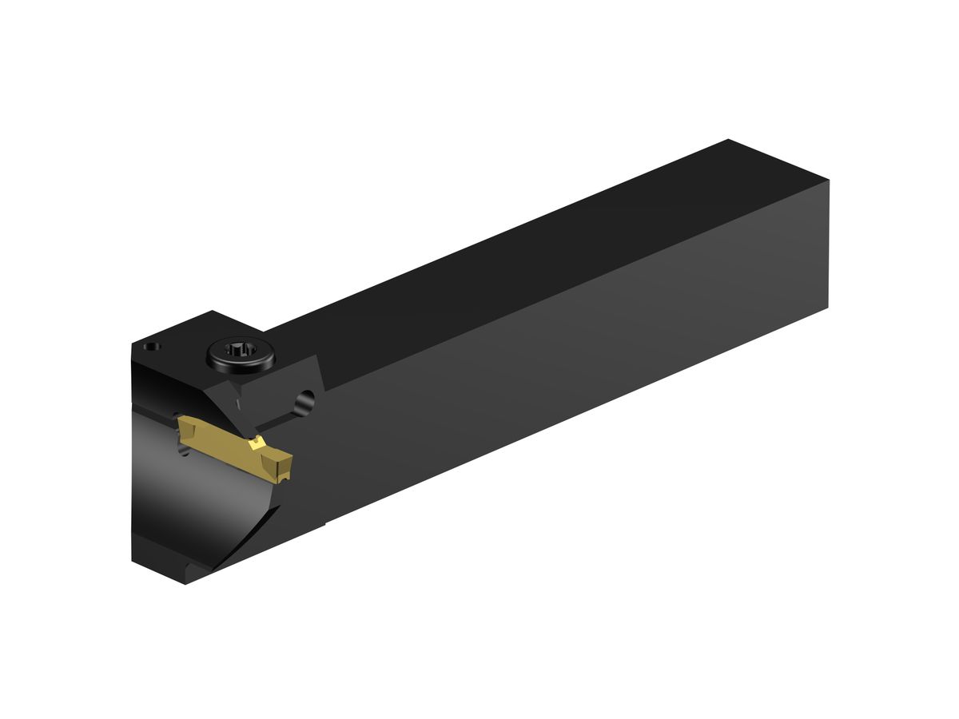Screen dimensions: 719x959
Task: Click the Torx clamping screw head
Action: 240,352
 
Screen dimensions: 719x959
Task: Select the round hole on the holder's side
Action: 304,402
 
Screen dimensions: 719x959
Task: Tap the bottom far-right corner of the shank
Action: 827,307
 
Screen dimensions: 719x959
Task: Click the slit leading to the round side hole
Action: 276,419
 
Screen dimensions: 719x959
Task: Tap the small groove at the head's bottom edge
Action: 191,568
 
